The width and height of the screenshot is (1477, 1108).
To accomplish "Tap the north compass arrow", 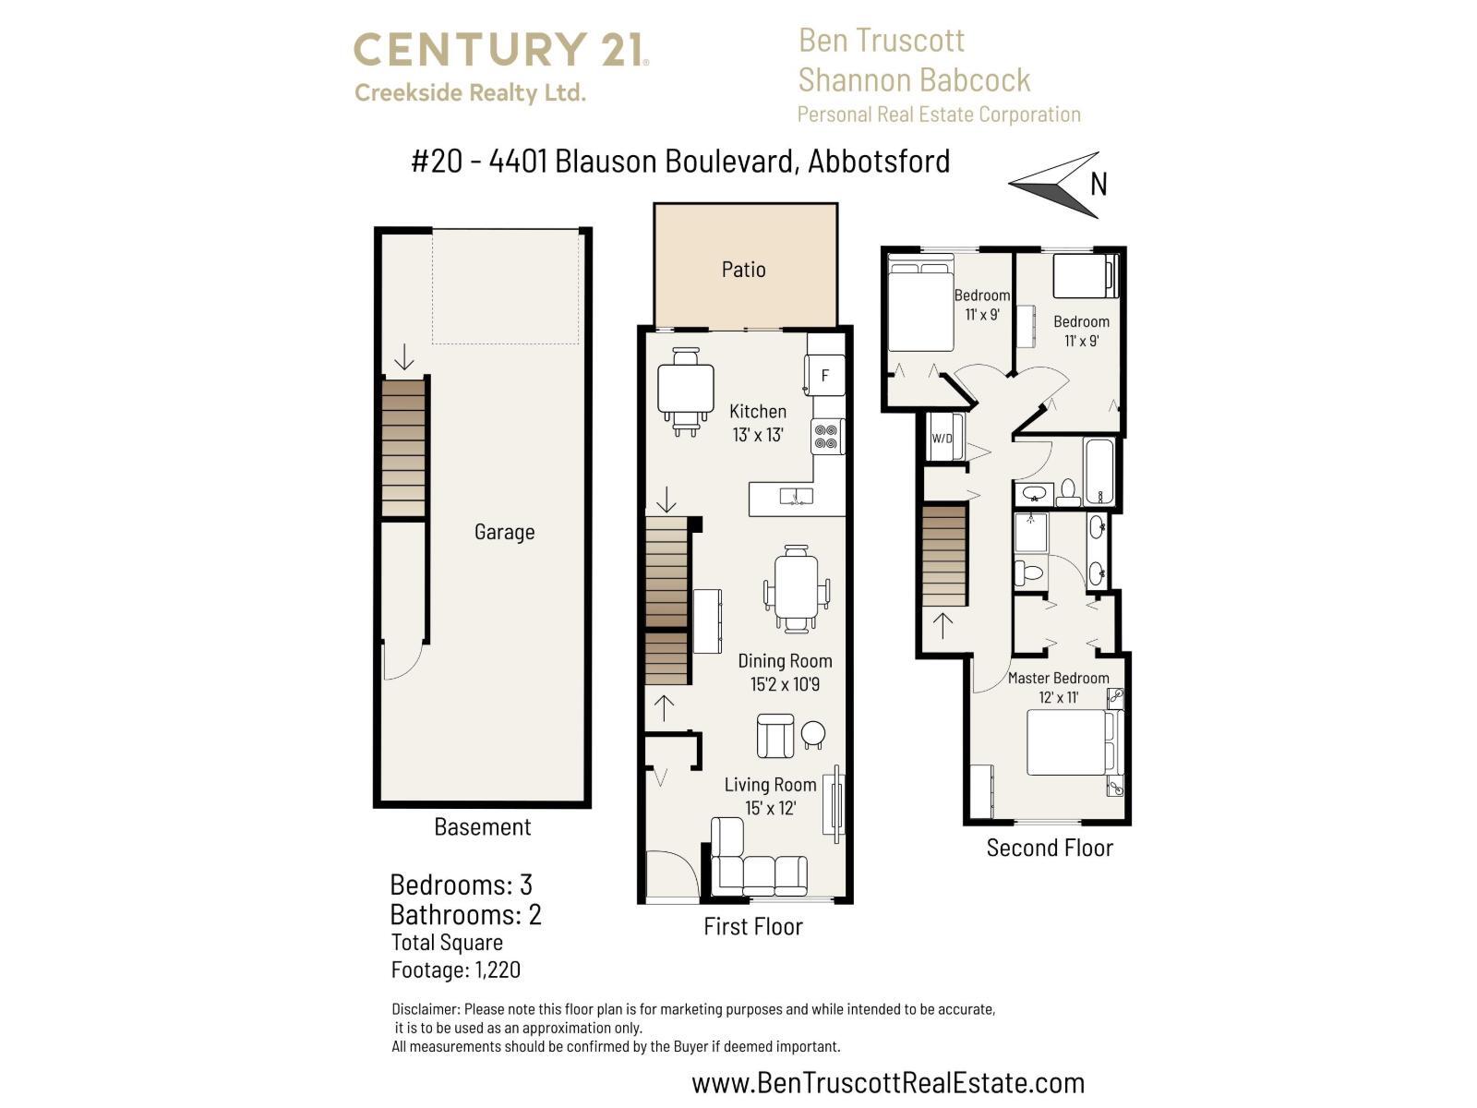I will click(1058, 184).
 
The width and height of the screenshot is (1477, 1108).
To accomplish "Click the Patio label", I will click(743, 270).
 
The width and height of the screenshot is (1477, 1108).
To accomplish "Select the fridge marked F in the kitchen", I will click(825, 375).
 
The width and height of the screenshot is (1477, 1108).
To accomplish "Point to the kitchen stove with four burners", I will click(826, 436).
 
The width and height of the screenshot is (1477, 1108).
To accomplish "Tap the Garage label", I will click(504, 532).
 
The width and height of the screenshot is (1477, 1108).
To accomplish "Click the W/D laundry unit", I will click(943, 438).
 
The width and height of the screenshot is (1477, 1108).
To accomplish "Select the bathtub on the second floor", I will click(1100, 471).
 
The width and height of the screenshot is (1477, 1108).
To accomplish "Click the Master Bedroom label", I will click(1058, 678).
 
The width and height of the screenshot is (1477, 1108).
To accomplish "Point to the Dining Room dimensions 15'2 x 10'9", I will click(785, 684).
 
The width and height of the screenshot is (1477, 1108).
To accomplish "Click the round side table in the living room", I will click(813, 734).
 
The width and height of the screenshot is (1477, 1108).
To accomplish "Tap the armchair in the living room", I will click(775, 735).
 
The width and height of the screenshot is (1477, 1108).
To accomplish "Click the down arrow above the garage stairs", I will click(403, 357).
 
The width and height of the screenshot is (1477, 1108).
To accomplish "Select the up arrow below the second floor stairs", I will click(943, 625).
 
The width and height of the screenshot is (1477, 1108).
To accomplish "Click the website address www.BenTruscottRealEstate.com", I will click(888, 1082).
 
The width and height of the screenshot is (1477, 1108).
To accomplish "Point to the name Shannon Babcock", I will click(914, 80).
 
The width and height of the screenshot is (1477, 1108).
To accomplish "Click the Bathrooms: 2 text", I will click(465, 915).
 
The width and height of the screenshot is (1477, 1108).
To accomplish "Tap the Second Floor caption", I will click(1050, 848).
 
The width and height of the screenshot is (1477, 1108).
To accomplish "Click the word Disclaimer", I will click(425, 1009).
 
